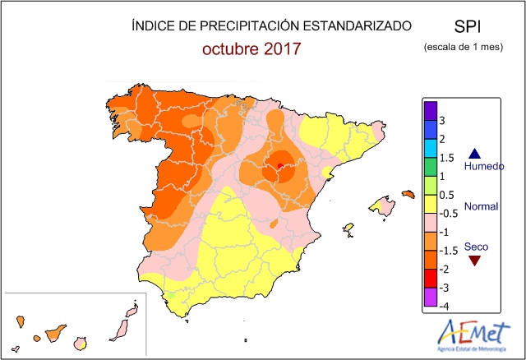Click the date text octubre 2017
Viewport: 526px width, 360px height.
coord(251,48)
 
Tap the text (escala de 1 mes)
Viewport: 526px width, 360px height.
coord(463,47)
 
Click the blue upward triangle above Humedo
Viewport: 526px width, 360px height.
coord(473,152)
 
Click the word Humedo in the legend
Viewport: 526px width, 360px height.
coord(484,166)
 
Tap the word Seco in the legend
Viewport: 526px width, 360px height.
coord(476,246)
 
